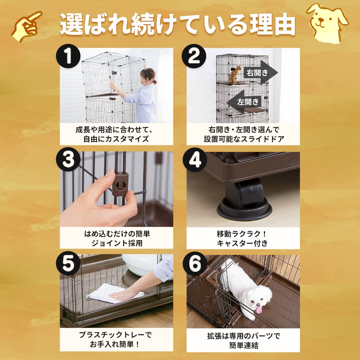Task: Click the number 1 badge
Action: click(68, 58)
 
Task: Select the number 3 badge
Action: click(68, 161)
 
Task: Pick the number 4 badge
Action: click(194, 161)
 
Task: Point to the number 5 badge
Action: click(68, 265)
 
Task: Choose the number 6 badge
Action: click(195, 264)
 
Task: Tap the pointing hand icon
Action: click(27, 25)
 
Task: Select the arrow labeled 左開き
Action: click(245, 102)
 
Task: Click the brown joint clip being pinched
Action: click(120, 183)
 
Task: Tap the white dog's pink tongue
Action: click(259, 309)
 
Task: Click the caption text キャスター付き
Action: click(242, 243)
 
